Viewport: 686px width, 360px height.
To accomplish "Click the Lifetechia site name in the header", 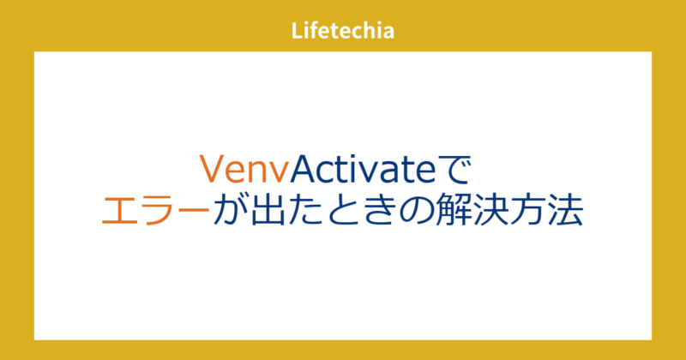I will click(343, 32).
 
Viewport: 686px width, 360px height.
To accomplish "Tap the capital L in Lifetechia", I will click(297, 32).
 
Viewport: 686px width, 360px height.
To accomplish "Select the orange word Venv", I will click(244, 170).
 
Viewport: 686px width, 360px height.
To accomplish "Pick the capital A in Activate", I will click(304, 170).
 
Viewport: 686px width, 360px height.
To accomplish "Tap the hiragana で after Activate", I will click(455, 170).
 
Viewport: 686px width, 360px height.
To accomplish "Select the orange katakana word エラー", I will click(155, 211).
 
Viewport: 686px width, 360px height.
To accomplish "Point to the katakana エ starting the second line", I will click(118, 211).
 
